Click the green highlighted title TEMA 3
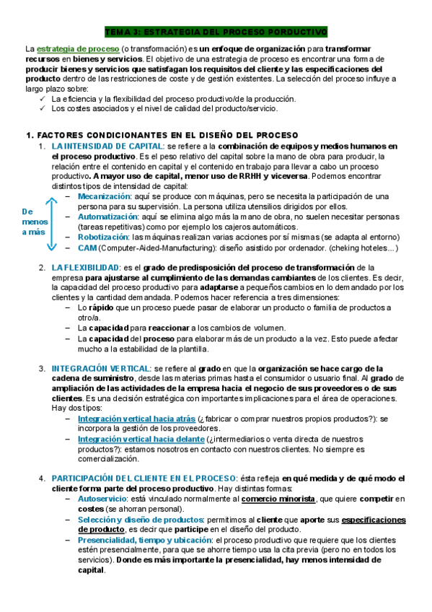tap(216, 32)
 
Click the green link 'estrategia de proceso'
tap(78, 48)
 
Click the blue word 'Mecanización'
tap(105, 196)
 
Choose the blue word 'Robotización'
tap(103, 236)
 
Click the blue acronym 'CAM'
tap(87, 248)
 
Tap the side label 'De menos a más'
tap(34, 222)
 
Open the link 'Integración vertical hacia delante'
tap(141, 438)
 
